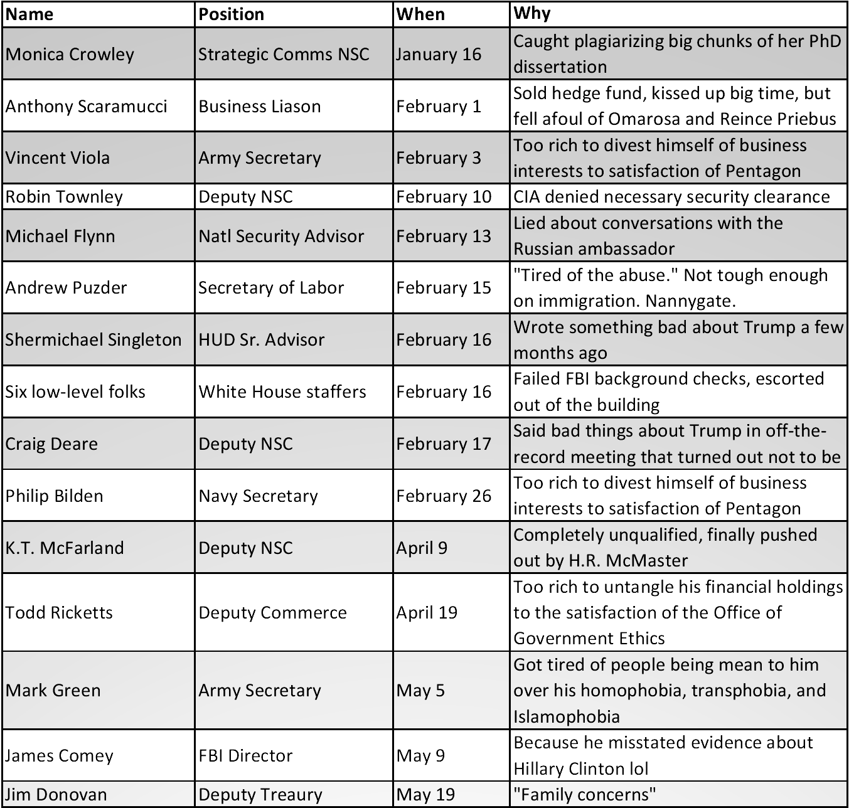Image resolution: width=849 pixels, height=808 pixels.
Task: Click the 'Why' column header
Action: click(531, 13)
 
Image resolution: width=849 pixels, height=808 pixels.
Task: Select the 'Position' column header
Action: click(232, 14)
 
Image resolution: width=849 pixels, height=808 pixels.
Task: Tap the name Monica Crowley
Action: click(70, 54)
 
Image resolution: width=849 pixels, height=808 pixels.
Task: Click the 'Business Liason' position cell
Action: click(260, 106)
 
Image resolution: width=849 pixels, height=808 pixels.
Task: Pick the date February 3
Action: click(439, 157)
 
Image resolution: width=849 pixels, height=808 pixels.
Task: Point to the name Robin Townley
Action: click(64, 197)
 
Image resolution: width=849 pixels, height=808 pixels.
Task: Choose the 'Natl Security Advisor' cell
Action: click(281, 236)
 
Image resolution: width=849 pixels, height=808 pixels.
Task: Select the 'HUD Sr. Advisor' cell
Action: click(262, 340)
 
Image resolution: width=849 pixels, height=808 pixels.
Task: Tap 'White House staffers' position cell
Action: click(282, 392)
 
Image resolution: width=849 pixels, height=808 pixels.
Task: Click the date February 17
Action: click(444, 444)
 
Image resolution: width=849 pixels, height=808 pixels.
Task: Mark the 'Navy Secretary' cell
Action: click(259, 496)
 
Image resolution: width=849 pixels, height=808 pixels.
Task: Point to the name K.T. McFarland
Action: click(65, 548)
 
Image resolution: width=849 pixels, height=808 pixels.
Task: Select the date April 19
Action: click(427, 612)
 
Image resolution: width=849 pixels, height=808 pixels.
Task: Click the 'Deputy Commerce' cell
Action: click(273, 612)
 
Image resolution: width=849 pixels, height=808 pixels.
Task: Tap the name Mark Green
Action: click(53, 691)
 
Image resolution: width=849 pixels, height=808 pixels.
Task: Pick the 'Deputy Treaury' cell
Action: click(260, 795)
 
